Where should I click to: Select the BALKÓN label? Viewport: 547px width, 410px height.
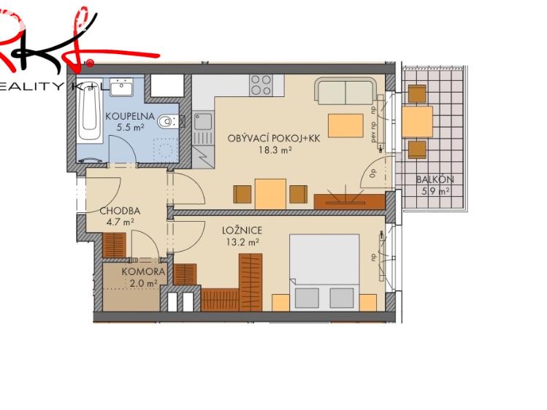pyautogui.click(x=435, y=180)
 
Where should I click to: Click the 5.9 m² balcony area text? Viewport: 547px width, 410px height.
pyautogui.click(x=435, y=192)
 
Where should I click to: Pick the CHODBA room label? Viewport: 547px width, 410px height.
pyautogui.click(x=119, y=212)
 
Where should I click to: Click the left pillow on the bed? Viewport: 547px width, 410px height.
pyautogui.click(x=307, y=297)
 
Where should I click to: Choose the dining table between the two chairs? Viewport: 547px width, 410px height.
pyautogui.click(x=270, y=193)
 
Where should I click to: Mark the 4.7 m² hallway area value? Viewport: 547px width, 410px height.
pyautogui.click(x=119, y=223)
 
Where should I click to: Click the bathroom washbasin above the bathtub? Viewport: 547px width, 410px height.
pyautogui.click(x=121, y=88)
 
